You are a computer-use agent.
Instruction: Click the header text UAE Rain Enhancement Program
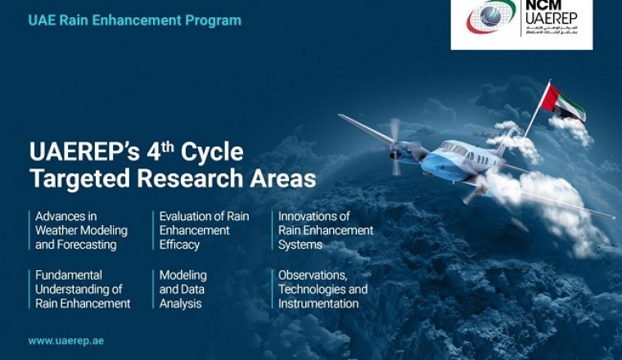point(135,20)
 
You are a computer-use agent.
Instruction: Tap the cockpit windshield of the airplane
point(448,150)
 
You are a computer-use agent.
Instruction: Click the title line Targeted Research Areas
point(172,178)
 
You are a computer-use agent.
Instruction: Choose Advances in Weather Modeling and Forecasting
point(76,230)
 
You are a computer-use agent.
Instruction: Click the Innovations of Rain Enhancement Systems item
point(326,230)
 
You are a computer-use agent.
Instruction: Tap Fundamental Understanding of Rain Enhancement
point(83,289)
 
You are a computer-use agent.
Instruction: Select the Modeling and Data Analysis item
point(183,289)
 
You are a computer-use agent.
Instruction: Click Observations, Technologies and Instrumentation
point(322,289)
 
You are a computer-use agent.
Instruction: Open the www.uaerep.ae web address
point(66,340)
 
